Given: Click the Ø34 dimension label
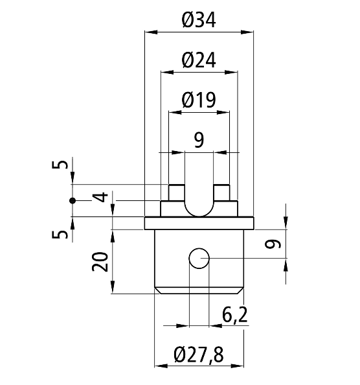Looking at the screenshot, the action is [199, 20].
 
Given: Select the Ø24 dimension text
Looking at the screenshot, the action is [199, 60].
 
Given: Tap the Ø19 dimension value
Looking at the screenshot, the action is [199, 100].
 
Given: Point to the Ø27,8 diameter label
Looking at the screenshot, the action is [199, 355].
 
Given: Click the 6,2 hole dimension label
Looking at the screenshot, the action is [234, 315].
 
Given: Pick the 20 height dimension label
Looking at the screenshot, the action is [100, 262].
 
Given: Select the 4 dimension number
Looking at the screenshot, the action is [100, 197].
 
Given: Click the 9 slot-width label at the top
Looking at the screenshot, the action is [199, 140].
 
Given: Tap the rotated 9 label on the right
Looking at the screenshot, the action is [273, 244].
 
